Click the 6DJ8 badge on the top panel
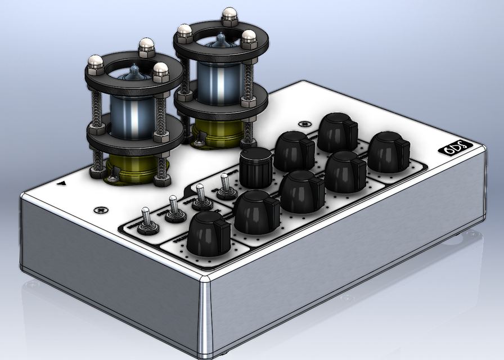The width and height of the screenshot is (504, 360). tap(455, 148)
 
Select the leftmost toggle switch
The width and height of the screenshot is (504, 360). tap(147, 220)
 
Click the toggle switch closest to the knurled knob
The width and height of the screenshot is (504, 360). tap(226, 187)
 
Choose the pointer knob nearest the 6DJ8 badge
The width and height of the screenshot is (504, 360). tap(389, 151)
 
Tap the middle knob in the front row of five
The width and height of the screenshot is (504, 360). tap(302, 190)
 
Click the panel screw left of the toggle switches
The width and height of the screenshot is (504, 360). tap(101, 209)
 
